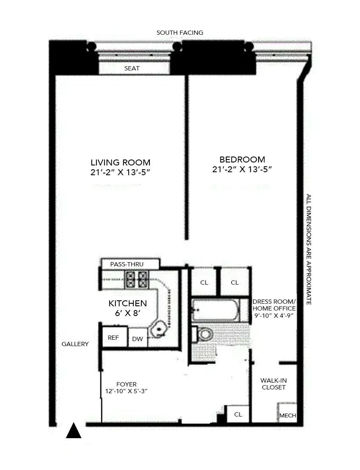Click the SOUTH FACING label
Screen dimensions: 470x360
pyautogui.click(x=180, y=33)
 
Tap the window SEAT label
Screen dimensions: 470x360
pyautogui.click(x=132, y=68)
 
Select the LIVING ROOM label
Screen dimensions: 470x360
pyautogui.click(x=120, y=162)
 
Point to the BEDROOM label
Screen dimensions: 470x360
pyautogui.click(x=242, y=160)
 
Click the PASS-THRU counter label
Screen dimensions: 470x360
pyautogui.click(x=127, y=264)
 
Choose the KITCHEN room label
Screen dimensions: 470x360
pyautogui.click(x=127, y=304)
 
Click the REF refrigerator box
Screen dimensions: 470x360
pyautogui.click(x=113, y=338)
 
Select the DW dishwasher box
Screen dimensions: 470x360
pyautogui.click(x=137, y=339)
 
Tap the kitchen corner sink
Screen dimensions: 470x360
pyautogui.click(x=159, y=329)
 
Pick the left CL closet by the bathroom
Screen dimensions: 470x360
pyautogui.click(x=204, y=283)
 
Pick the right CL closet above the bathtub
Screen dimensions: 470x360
pyautogui.click(x=234, y=283)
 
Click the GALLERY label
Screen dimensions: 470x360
pyautogui.click(x=75, y=344)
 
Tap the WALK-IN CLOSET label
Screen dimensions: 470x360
pyautogui.click(x=273, y=384)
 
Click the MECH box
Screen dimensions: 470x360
pyautogui.click(x=287, y=415)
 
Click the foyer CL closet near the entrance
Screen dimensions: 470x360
pyautogui.click(x=238, y=414)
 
